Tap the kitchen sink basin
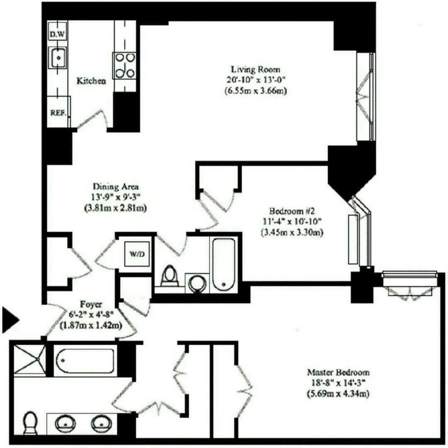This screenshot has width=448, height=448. (58, 57)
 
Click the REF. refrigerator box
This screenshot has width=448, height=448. (58, 112)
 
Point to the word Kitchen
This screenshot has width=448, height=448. (91, 81)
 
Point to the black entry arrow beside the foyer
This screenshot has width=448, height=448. (10, 320)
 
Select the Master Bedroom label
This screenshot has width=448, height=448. (338, 372)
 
